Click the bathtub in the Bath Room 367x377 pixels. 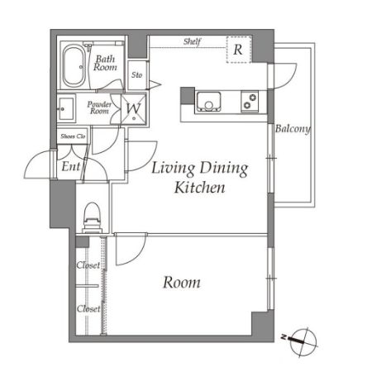74,66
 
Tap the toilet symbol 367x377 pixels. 92,217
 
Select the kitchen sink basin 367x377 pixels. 208,101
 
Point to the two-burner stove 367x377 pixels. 250,101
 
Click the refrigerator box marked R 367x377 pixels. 239,50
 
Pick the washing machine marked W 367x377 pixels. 134,109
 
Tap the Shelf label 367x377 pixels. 192,42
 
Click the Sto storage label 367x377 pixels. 136,74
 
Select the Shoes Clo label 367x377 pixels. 73,136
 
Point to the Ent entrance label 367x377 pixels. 71,166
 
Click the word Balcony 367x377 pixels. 293,129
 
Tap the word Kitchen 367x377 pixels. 200,188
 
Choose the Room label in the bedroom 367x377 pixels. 182,283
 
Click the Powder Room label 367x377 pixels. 99,107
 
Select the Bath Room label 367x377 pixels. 105,63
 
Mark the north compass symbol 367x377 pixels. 303,341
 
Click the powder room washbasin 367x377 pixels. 66,109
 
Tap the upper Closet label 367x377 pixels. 88,265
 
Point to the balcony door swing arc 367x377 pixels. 291,81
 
